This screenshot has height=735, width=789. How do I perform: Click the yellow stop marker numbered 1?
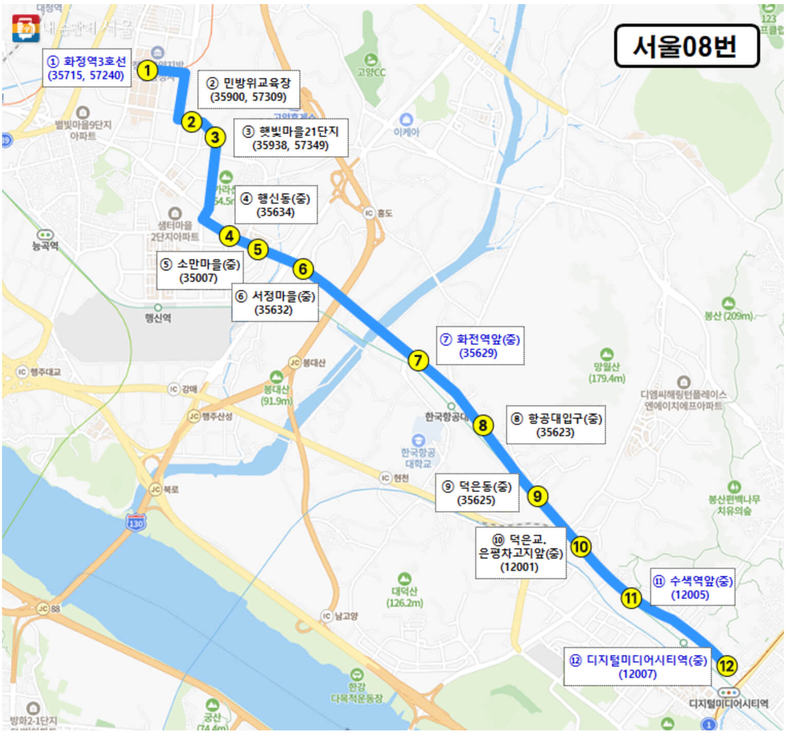click(148, 70)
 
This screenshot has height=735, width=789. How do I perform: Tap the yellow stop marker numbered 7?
click(418, 360)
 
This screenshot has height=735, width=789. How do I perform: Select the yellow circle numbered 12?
click(726, 666)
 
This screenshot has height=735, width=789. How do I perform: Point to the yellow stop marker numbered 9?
click(537, 496)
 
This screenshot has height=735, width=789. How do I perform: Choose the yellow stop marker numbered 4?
click(229, 236)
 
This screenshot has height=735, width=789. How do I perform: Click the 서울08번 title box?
click(686, 46)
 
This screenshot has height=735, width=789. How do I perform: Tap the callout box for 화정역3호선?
click(86, 68)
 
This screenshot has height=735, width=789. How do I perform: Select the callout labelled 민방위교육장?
click(248, 89)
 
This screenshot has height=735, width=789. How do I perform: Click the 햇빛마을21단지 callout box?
click(291, 138)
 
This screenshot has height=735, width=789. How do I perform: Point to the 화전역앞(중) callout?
click(480, 346)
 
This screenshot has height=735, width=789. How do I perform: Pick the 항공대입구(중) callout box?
click(555, 425)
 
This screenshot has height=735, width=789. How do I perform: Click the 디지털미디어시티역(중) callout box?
click(637, 667)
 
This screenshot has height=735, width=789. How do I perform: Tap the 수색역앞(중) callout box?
click(692, 587)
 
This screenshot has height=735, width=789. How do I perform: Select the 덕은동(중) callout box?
click(477, 493)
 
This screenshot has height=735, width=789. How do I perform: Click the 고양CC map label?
click(371, 72)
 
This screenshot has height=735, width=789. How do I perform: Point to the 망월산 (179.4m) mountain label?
click(607, 373)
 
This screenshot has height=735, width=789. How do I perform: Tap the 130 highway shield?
click(136, 523)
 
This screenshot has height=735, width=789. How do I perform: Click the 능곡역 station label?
click(45, 245)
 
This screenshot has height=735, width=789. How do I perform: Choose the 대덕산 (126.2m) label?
click(405, 597)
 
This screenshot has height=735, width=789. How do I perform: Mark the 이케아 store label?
click(406, 132)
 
